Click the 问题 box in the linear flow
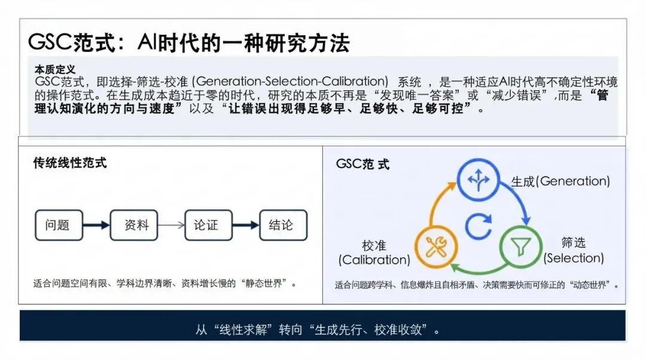[x=57, y=225]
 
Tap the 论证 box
[x=206, y=225]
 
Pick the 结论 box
[x=281, y=225]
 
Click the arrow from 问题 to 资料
[x=96, y=225]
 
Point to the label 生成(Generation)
[x=560, y=181]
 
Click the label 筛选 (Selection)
[x=573, y=251]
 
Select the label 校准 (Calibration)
[x=374, y=252]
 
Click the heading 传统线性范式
[x=70, y=163]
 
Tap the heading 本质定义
[x=55, y=69]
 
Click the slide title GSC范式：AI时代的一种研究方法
[x=188, y=43]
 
